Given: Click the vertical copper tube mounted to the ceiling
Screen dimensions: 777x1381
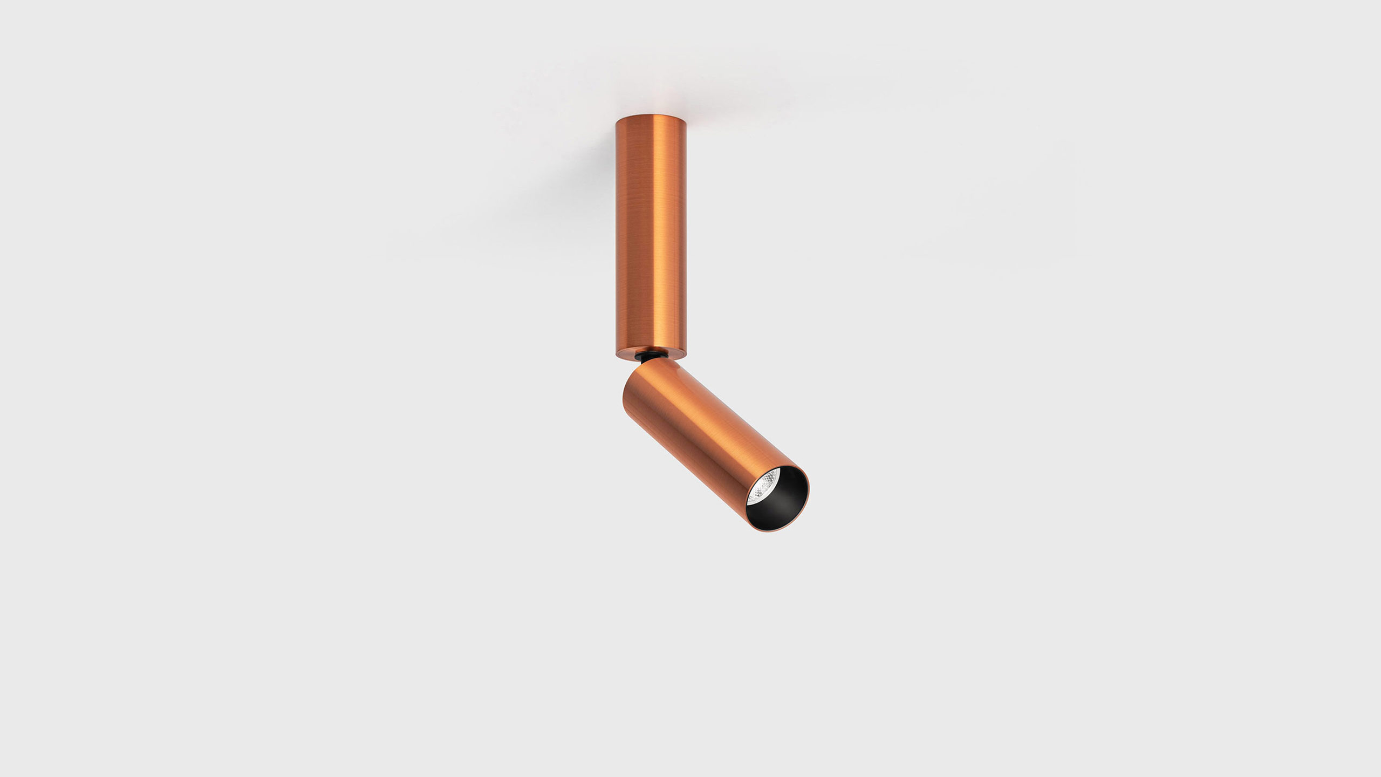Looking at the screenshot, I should (651, 232).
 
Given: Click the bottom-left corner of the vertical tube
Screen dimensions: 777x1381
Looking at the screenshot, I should (617, 353).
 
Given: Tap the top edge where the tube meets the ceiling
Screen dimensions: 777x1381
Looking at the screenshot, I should (651, 115).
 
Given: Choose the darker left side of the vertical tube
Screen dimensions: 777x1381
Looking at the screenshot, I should (623, 232).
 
